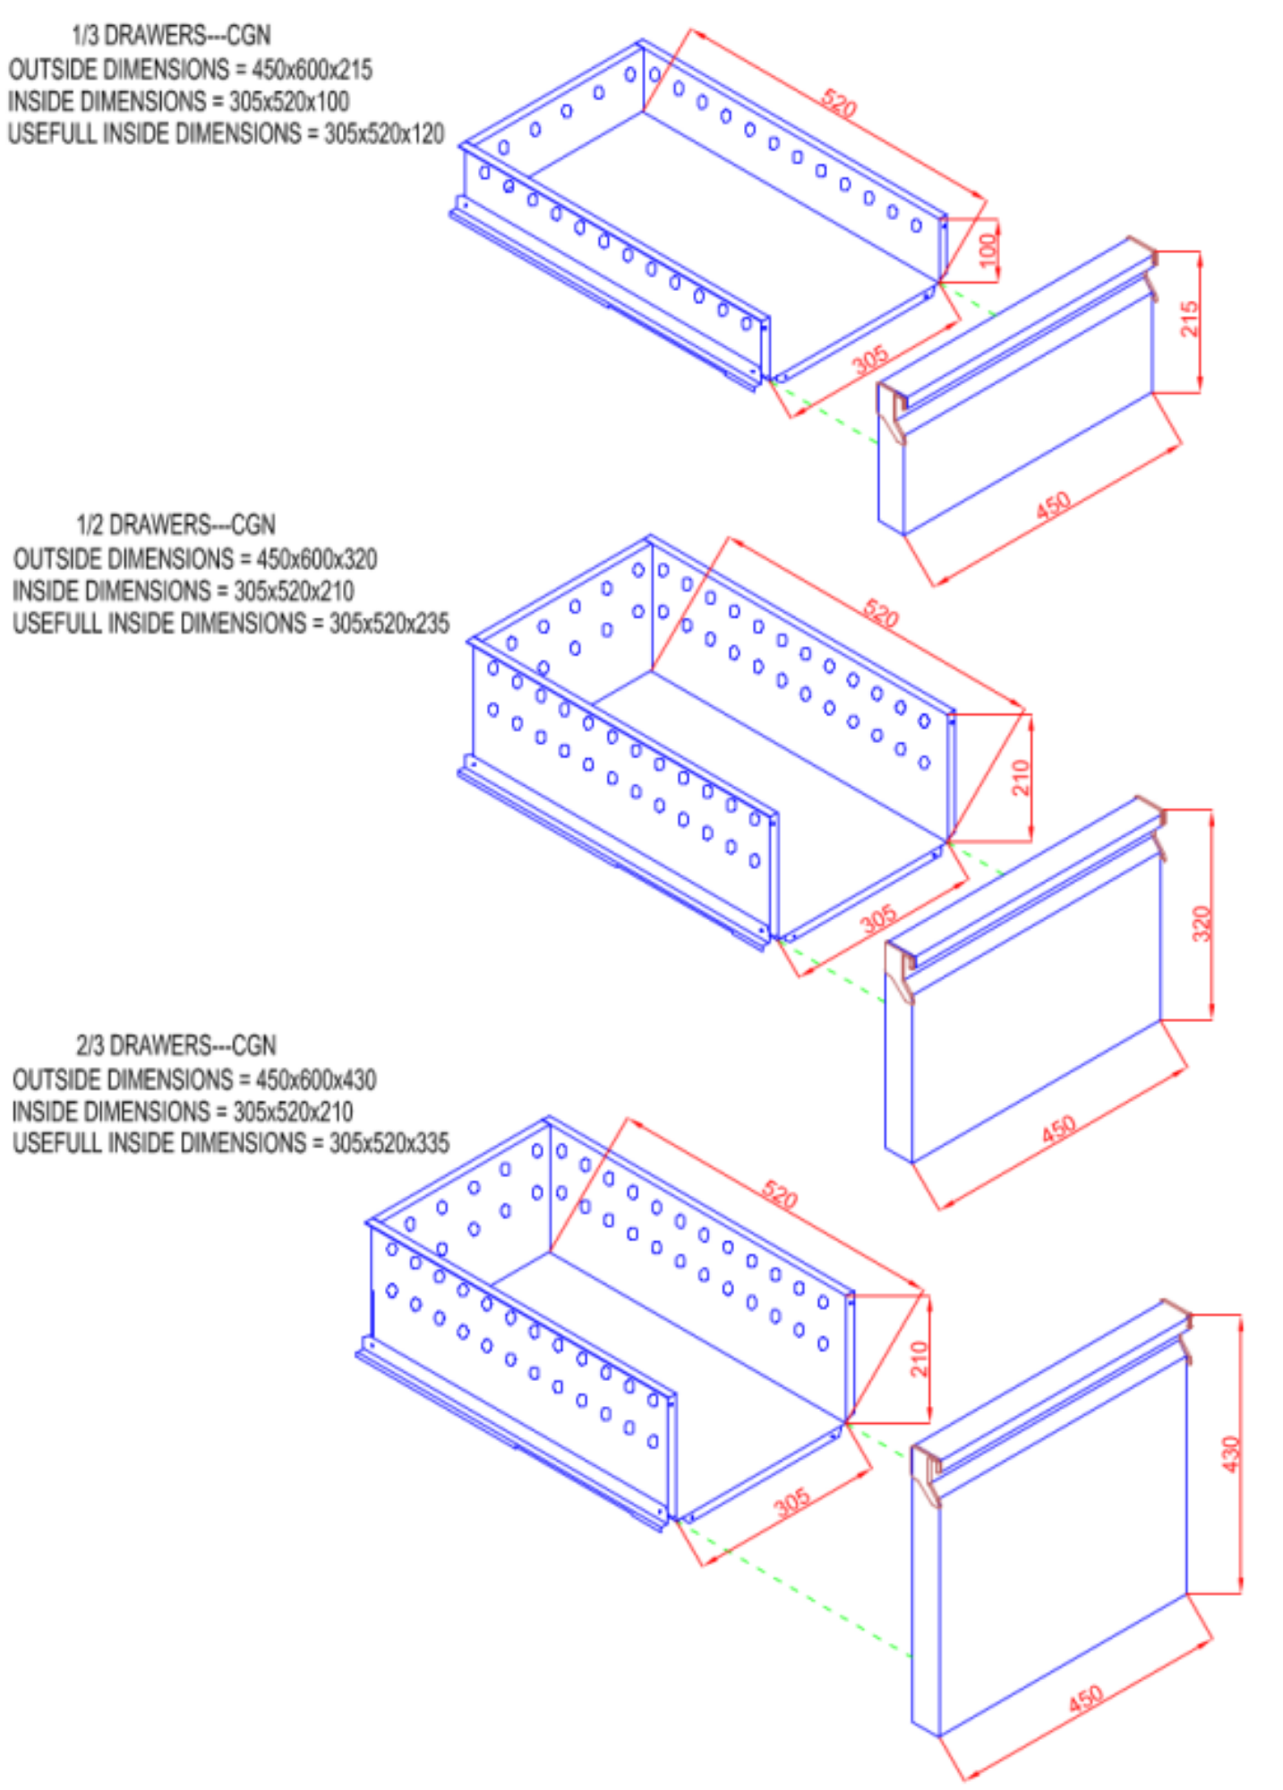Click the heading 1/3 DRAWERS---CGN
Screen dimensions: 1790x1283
[171, 35]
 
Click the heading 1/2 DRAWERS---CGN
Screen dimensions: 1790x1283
[175, 524]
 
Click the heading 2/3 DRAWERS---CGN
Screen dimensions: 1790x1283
[175, 1045]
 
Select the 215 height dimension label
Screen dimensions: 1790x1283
[1189, 319]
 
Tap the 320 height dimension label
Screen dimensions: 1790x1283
[1202, 924]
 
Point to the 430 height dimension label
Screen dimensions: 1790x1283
[1231, 1454]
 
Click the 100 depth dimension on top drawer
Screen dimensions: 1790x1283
[988, 250]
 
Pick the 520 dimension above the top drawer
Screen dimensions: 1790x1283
[839, 103]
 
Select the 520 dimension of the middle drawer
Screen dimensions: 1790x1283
[881, 614]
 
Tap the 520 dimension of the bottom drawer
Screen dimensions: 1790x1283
[779, 1195]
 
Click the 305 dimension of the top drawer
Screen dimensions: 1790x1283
[870, 360]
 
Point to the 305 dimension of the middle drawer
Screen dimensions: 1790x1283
[878, 918]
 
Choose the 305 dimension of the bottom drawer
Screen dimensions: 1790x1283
[792, 1502]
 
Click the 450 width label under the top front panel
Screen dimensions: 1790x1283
[1053, 506]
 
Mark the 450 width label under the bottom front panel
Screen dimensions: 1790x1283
[1085, 1699]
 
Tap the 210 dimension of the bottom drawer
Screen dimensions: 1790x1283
[919, 1359]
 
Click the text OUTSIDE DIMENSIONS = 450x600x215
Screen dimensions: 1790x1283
[191, 69]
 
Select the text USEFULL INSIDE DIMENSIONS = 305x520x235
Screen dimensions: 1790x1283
[231, 623]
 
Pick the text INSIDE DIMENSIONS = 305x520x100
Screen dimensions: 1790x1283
[179, 101]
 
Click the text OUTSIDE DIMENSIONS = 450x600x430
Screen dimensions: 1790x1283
[194, 1079]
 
